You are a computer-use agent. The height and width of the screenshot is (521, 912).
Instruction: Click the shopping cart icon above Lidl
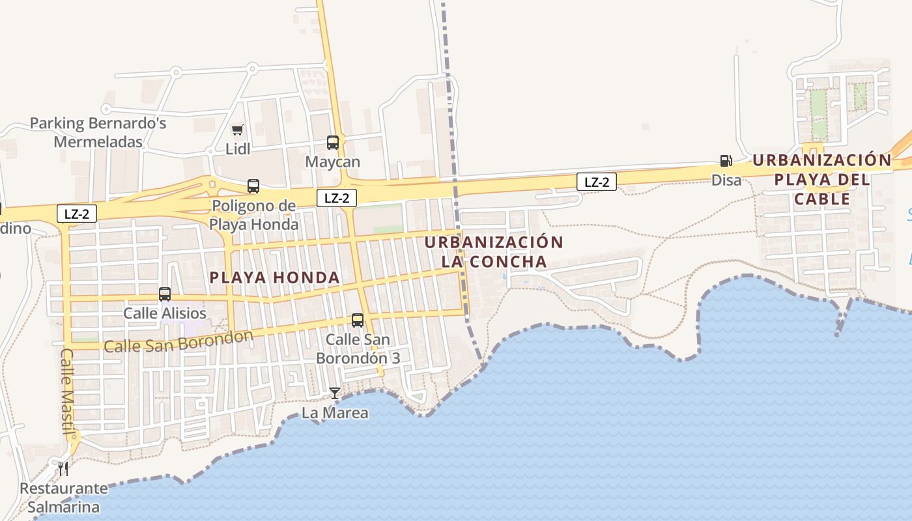pos(238,130)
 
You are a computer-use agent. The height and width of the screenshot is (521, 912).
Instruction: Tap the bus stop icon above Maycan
pos(333,142)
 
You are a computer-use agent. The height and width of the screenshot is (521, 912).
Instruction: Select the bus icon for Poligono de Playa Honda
pos(253,186)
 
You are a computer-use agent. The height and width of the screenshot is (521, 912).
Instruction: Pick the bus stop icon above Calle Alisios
pos(165,294)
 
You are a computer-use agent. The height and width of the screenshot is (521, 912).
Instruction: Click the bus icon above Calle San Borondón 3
pos(358,320)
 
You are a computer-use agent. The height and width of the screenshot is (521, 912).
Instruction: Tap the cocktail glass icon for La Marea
pos(335,393)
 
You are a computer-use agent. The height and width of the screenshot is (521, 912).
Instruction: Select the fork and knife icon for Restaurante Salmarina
pos(63,468)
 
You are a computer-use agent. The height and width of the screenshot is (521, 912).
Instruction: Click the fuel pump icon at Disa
pos(726,160)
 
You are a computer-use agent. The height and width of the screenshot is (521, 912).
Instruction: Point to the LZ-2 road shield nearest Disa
pos(596,182)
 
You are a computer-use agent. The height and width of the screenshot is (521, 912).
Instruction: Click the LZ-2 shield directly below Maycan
pos(337,198)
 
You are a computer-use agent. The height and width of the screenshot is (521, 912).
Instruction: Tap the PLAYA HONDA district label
pos(275,277)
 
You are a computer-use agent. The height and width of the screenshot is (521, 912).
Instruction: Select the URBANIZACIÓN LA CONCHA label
pos(494,252)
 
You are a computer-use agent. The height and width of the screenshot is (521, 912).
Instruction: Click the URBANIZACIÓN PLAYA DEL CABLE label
pos(821,179)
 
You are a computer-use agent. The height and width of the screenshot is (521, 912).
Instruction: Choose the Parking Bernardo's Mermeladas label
pos(98,132)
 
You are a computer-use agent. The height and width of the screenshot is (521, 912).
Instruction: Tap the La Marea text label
pos(335,413)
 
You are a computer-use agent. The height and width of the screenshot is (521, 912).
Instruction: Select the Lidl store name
pos(238,149)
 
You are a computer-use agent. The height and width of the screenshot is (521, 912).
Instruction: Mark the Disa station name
pos(726,180)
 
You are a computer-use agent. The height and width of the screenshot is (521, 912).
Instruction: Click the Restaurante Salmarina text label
pos(63,498)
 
